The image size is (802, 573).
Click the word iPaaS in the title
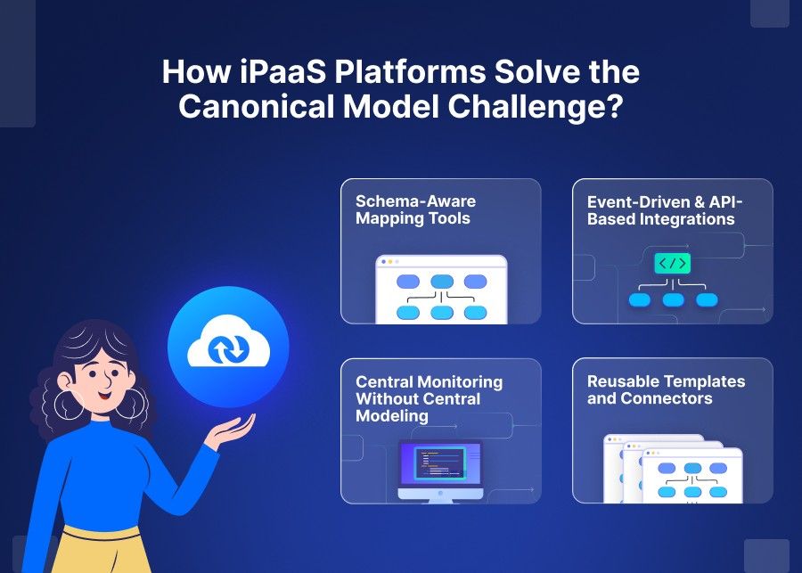point(259,72)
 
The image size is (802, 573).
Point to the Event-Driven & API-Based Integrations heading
point(664,209)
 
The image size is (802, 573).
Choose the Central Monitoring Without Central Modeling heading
point(429,398)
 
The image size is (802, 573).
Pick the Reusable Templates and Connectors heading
point(666,389)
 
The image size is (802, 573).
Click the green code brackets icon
point(672,263)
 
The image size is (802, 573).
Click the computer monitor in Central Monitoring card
point(439,464)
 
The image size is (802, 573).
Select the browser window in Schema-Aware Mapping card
point(441,290)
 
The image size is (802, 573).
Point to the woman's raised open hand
point(225,434)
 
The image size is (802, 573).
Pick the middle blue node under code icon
point(672,299)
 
